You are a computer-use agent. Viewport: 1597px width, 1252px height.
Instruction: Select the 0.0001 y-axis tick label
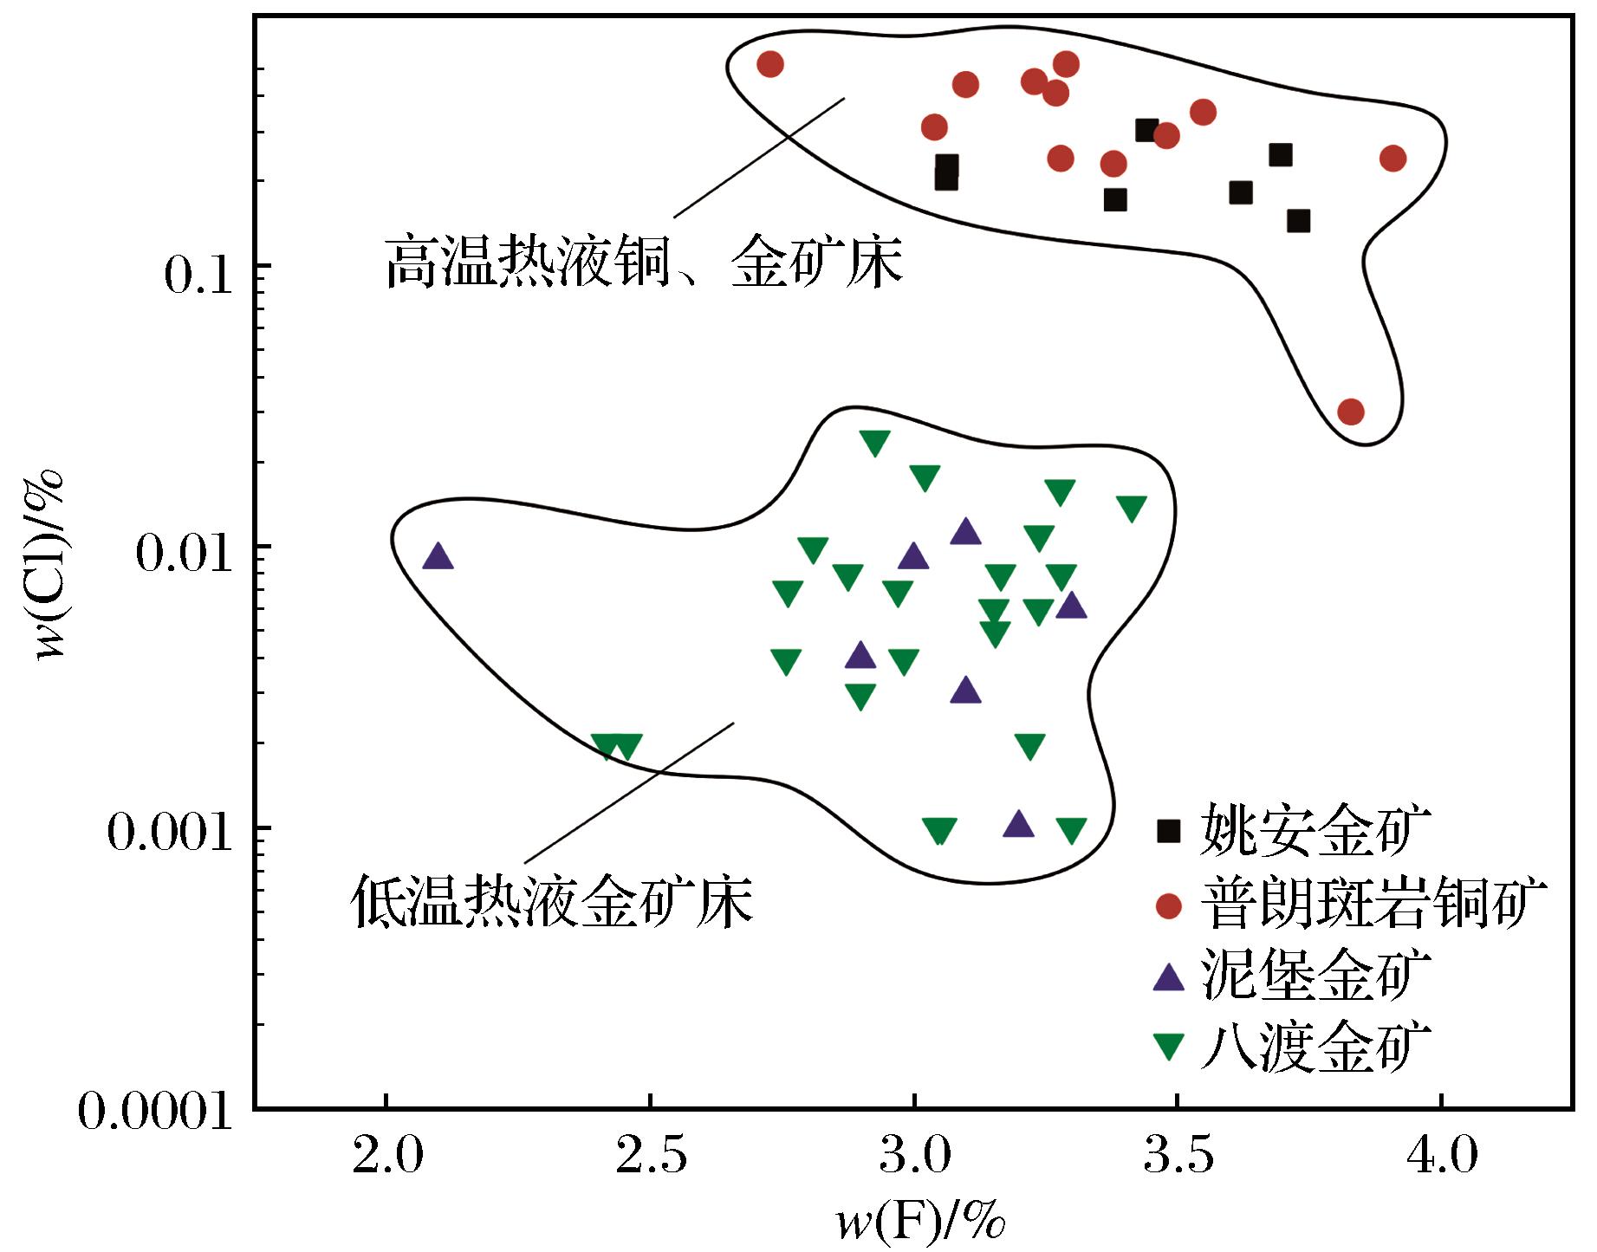click(x=157, y=1112)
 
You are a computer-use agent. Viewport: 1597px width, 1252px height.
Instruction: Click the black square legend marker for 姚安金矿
click(x=1169, y=831)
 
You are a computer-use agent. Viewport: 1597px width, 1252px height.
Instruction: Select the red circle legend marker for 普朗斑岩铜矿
click(x=1169, y=905)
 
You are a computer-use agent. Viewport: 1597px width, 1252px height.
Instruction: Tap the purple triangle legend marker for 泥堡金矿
click(x=1169, y=977)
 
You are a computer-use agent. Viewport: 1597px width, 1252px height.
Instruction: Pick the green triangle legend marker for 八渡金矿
click(x=1169, y=1048)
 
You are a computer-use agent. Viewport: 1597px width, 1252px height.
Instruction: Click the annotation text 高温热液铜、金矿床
click(x=645, y=261)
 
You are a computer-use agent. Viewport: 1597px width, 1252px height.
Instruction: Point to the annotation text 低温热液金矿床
click(x=552, y=901)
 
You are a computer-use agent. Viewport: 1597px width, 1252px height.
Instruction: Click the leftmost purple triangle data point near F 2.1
click(x=438, y=556)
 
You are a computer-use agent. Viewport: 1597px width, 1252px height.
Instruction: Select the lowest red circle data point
click(x=1350, y=412)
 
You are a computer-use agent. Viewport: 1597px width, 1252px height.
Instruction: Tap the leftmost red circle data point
click(x=769, y=63)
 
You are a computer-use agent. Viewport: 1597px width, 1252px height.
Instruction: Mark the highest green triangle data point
click(x=874, y=442)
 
